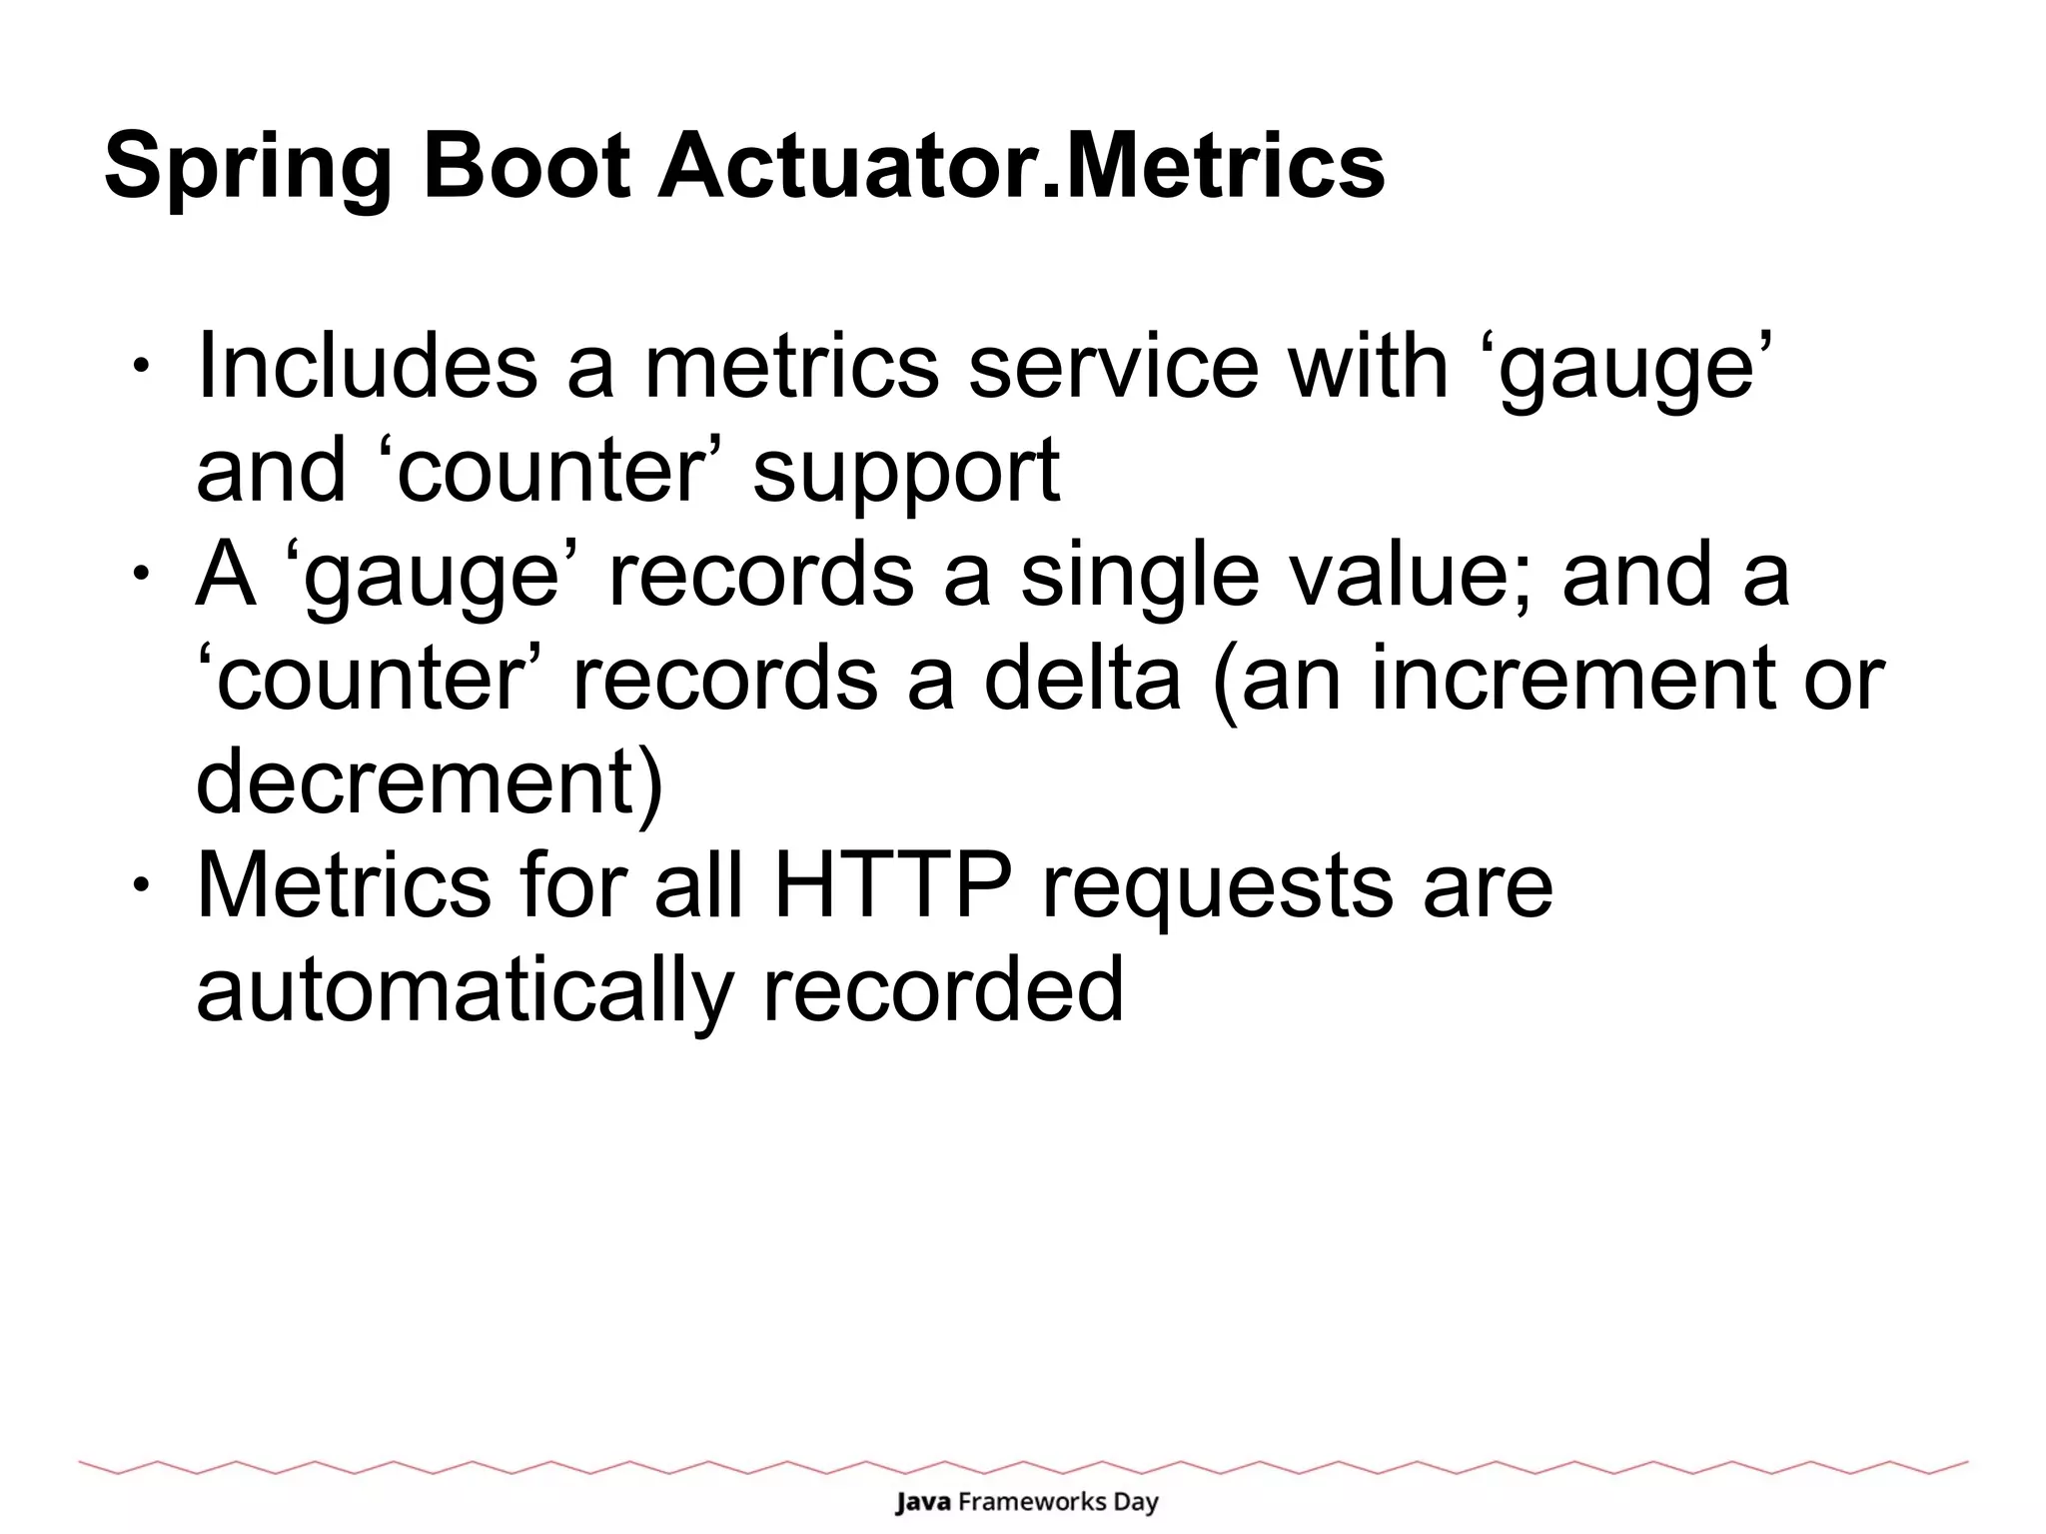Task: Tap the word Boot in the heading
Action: pos(526,165)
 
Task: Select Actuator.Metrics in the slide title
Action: pos(1020,165)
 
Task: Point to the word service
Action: pos(1113,366)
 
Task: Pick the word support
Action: pos(905,472)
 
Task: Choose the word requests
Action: pos(1216,889)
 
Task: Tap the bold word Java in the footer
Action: pos(922,1502)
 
